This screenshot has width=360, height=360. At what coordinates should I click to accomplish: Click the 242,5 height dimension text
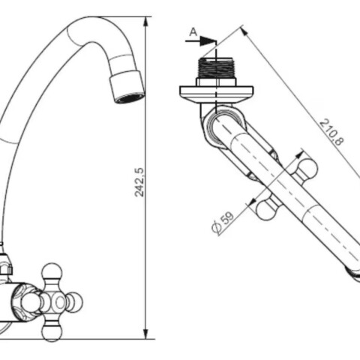(x=139, y=182)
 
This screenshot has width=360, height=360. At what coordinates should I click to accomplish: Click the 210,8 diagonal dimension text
(x=331, y=133)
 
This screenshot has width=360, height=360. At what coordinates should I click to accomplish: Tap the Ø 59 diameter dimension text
(x=223, y=223)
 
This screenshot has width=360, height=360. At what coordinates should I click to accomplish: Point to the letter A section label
(x=193, y=32)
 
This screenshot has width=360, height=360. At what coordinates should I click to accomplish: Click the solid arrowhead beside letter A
(x=208, y=40)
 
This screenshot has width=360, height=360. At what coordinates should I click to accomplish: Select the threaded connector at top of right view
(x=215, y=67)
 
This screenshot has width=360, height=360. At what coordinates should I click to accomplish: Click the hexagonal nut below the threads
(x=216, y=82)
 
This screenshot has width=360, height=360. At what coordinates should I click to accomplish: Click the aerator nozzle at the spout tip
(x=127, y=87)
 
